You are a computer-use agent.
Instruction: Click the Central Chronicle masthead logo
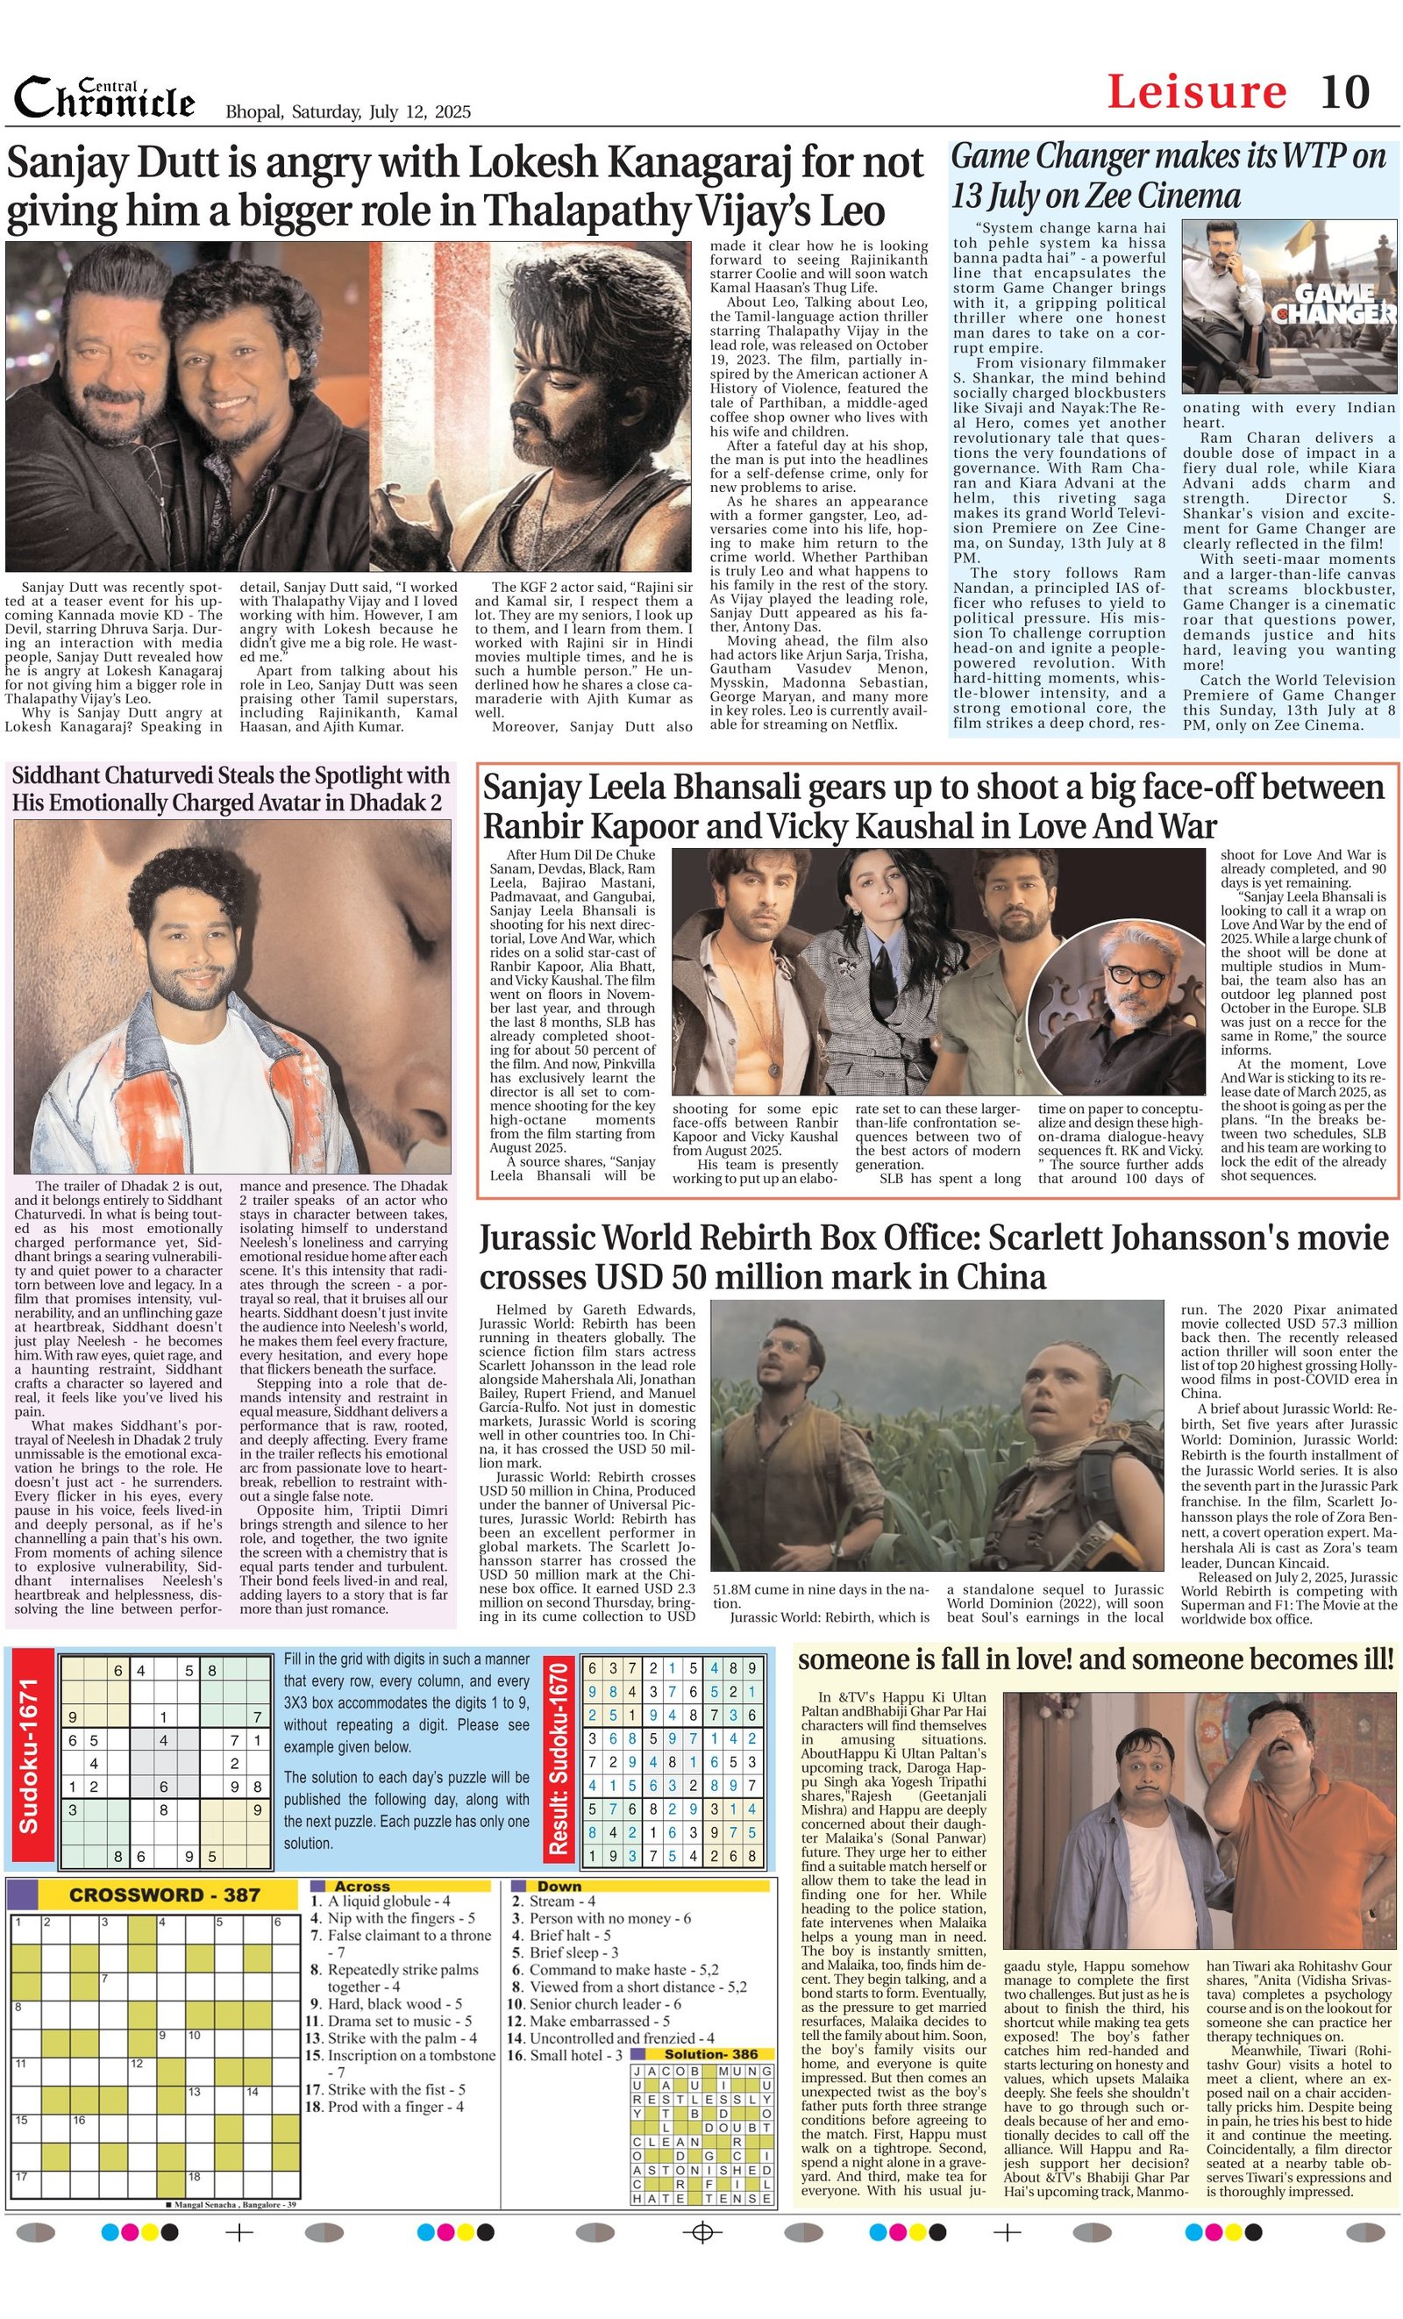(103, 98)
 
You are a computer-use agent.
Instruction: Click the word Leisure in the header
(1196, 92)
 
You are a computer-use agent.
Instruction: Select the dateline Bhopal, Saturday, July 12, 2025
(348, 112)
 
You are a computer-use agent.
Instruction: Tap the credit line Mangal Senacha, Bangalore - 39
(231, 2204)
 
